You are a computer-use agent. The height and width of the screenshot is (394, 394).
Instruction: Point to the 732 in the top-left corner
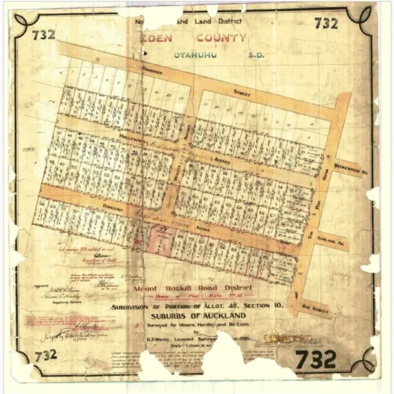[41, 35]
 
